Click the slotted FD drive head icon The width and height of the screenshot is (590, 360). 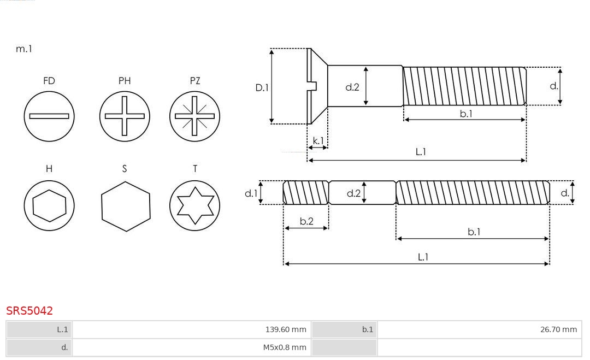pyautogui.click(x=49, y=116)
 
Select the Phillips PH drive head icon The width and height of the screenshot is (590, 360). pyautogui.click(x=125, y=116)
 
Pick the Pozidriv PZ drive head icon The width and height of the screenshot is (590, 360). pyautogui.click(x=194, y=116)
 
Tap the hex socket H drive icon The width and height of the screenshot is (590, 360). pyautogui.click(x=49, y=205)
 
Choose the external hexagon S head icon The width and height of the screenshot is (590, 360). pyautogui.click(x=126, y=206)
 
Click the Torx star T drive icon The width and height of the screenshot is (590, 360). pyautogui.click(x=194, y=205)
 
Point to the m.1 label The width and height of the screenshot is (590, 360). pyautogui.click(x=24, y=49)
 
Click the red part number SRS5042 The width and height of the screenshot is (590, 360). pyautogui.click(x=29, y=311)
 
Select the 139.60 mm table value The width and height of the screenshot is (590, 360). pyautogui.click(x=286, y=329)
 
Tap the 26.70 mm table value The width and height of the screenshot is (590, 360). pyautogui.click(x=558, y=329)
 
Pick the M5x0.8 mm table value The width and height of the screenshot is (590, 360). pyautogui.click(x=285, y=347)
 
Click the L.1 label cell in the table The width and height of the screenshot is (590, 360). pyautogui.click(x=39, y=329)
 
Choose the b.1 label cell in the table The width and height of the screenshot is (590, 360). pyautogui.click(x=344, y=329)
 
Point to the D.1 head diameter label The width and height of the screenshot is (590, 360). pyautogui.click(x=262, y=87)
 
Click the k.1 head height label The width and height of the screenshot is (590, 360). pyautogui.click(x=318, y=141)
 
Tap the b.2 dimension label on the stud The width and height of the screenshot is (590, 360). pyautogui.click(x=306, y=221)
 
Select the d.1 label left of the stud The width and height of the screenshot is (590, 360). pyautogui.click(x=251, y=193)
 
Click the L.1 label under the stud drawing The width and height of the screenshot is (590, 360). pyautogui.click(x=423, y=257)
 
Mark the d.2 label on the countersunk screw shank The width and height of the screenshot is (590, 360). pyautogui.click(x=352, y=87)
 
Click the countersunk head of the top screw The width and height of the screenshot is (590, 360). pyautogui.click(x=317, y=86)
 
